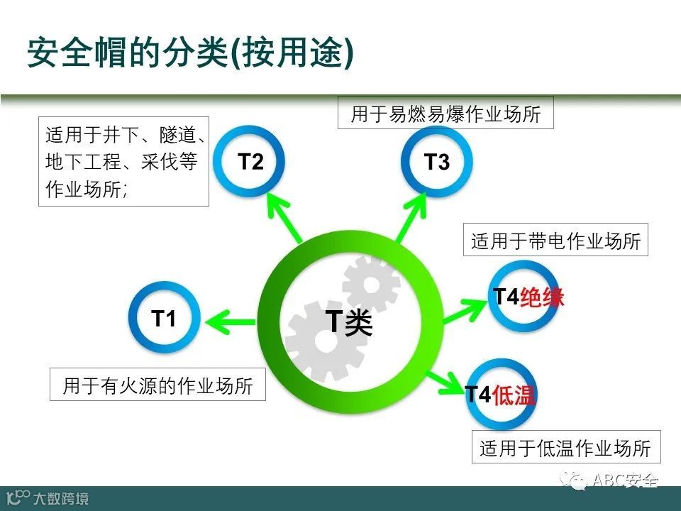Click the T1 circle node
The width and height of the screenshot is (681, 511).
coord(164,319)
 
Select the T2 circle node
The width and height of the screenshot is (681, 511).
coord(250,162)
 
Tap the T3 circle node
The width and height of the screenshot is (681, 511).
coord(436,163)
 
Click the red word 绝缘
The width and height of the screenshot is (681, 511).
coord(542,297)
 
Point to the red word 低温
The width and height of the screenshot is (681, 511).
coord(514,395)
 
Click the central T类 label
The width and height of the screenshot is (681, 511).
coord(348,323)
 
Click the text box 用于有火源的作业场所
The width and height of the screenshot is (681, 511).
coord(157,385)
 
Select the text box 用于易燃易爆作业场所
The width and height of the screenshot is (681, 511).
coord(445,114)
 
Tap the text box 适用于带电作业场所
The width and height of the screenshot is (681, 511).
coord(556,242)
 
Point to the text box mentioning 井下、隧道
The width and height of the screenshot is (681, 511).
coord(123,162)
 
